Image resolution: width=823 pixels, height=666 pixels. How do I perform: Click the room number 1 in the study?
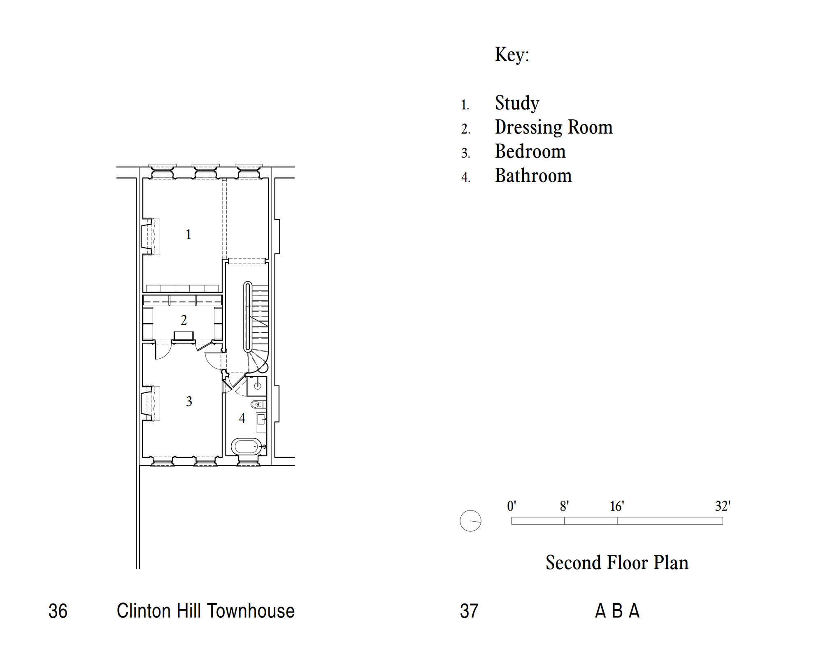pos(188,234)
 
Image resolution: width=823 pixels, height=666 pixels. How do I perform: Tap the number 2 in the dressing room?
pos(184,320)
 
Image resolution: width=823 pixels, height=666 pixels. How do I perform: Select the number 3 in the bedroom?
pos(189,401)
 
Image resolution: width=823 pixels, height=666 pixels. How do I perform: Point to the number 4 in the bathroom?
pos(242,418)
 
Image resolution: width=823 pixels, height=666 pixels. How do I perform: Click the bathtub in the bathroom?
pos(246,446)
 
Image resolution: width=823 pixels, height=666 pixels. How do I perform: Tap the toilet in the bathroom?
pos(257,404)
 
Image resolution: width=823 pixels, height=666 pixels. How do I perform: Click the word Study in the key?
pos(517,103)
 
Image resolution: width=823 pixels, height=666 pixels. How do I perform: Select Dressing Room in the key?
pos(553,128)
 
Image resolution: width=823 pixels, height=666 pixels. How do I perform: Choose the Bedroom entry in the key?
pos(530,151)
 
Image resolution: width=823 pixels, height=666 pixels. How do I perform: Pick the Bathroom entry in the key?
pos(533,176)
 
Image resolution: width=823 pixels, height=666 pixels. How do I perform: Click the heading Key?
pos(512,55)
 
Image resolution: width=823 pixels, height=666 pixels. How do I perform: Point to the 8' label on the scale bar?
pos(564,506)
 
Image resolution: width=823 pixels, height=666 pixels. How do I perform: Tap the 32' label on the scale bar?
pos(723,506)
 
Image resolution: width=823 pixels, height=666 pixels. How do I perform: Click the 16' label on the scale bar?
pos(617,506)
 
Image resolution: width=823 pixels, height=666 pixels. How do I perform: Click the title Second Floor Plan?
pos(617,563)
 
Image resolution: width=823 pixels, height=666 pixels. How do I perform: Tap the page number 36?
pos(58,611)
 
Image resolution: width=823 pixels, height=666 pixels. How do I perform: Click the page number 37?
pos(469,611)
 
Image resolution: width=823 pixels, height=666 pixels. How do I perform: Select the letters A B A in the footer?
pos(617,611)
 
